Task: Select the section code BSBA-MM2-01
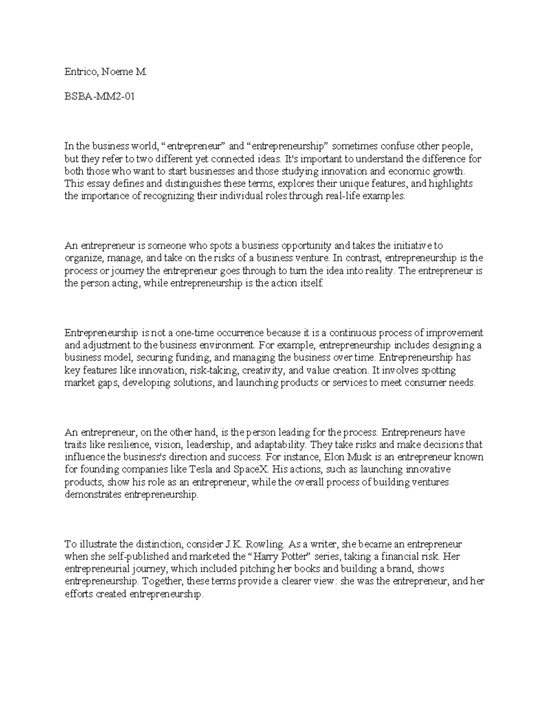point(99,97)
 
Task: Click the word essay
point(95,184)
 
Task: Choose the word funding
point(193,358)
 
